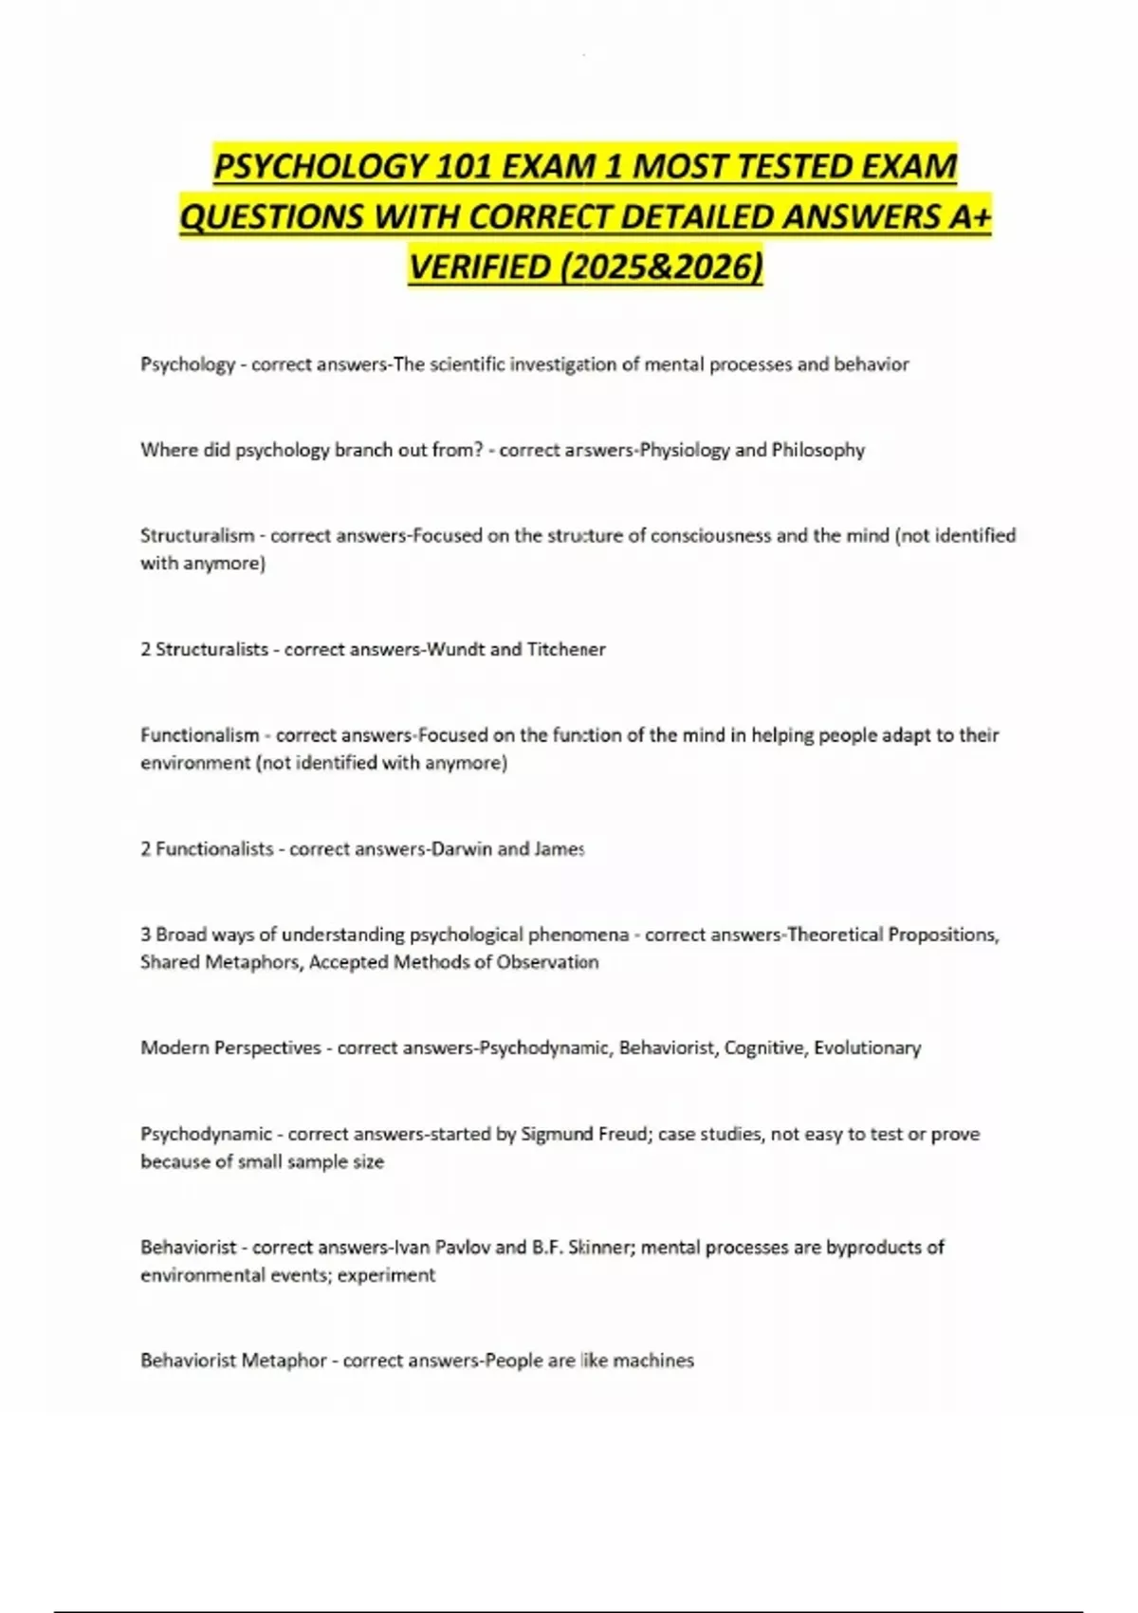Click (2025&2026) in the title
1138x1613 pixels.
click(661, 268)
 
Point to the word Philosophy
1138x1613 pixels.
click(817, 450)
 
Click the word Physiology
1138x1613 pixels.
click(685, 450)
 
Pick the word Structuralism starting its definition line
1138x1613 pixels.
click(197, 535)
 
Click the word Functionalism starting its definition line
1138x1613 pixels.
click(199, 734)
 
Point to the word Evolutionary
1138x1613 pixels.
click(867, 1048)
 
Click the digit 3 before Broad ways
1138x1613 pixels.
click(146, 935)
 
